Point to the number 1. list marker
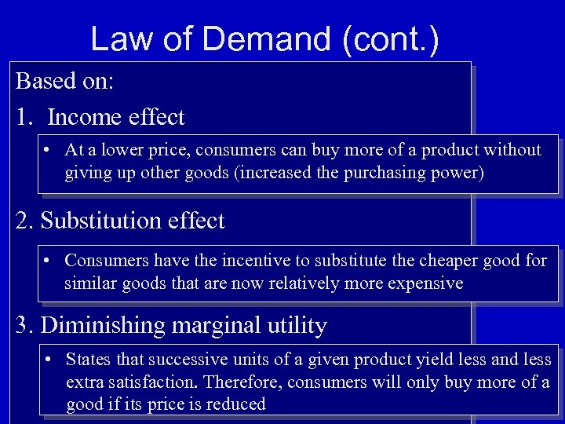(x=25, y=118)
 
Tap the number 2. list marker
(x=25, y=221)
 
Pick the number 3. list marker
(x=25, y=324)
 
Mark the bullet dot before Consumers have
(x=49, y=260)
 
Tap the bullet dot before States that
(x=49, y=360)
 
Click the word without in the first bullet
(x=513, y=149)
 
